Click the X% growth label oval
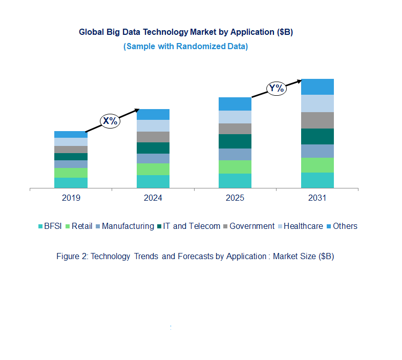(110, 121)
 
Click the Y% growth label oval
(276, 88)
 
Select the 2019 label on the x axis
(71, 198)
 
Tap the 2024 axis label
(153, 198)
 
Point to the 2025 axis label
(235, 198)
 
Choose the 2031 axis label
(317, 198)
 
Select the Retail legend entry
(81, 226)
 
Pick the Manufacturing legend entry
(127, 226)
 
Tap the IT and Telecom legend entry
(191, 226)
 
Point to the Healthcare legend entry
(303, 226)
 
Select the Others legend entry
(345, 226)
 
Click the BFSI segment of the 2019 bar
(71, 183)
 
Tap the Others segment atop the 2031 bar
(317, 87)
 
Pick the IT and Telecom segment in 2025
(235, 141)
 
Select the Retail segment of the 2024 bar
(153, 169)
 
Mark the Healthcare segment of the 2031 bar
(317, 103)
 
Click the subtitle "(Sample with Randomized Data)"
(185, 47)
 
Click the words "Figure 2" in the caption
(72, 257)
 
